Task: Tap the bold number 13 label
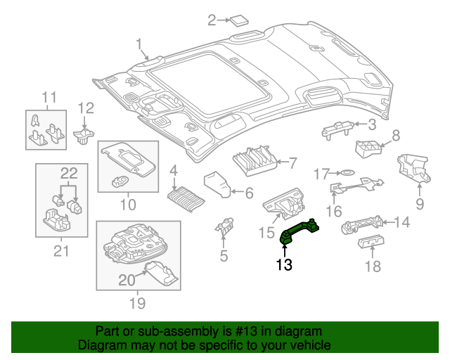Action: click(x=283, y=265)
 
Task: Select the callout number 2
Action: click(x=212, y=20)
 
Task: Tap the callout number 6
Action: click(x=248, y=192)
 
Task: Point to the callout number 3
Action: click(x=372, y=124)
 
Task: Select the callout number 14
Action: click(x=401, y=223)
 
